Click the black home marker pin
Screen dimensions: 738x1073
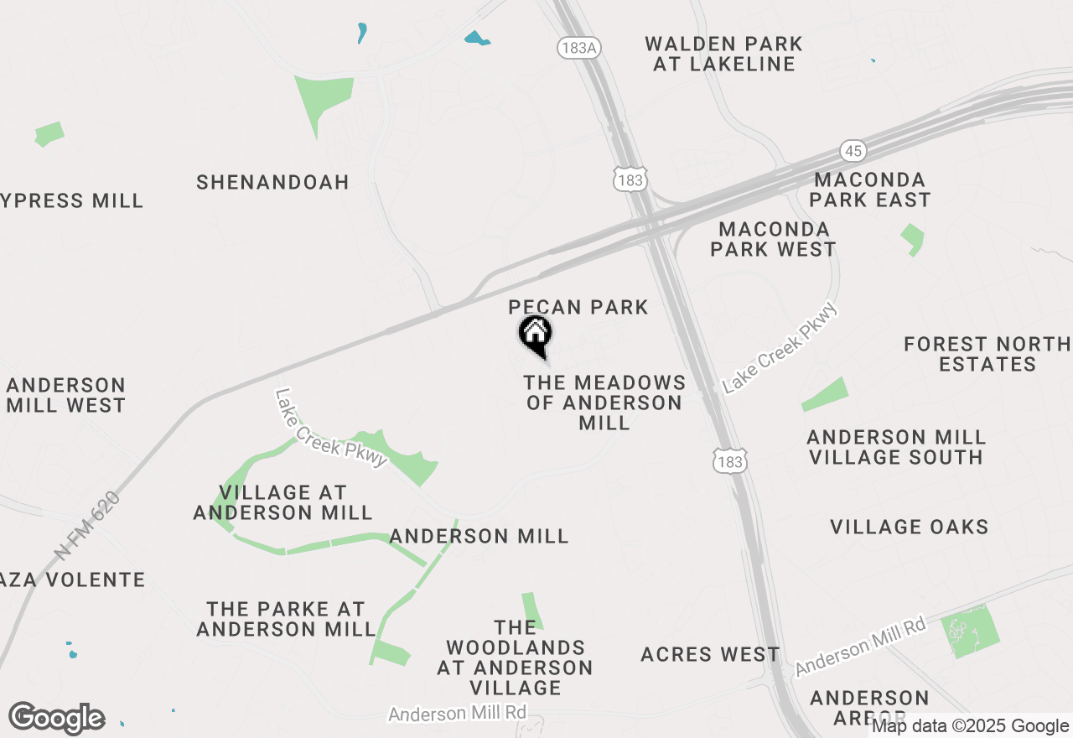pos(535,334)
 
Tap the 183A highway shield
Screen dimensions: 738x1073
pos(578,48)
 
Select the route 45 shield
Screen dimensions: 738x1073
pos(853,151)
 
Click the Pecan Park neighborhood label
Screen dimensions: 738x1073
pos(578,307)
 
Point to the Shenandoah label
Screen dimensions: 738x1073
pos(272,182)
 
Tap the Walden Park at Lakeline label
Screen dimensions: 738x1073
pos(723,54)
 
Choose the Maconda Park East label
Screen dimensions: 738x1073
pos(870,190)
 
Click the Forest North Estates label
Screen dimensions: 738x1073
pos(987,354)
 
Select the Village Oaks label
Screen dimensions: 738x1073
pos(910,527)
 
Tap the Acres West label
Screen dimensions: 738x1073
pos(710,654)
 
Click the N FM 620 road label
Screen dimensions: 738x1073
pos(88,526)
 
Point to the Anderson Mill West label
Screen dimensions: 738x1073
pos(65,395)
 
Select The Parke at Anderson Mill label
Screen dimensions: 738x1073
pos(286,619)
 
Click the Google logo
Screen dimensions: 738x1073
pos(57,718)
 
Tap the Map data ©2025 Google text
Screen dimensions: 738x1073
pos(970,726)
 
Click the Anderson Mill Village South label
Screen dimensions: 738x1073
pos(895,447)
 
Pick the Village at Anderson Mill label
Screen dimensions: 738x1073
pos(283,502)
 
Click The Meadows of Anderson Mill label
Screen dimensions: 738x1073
pos(604,403)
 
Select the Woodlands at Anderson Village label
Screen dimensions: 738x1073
pos(515,657)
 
